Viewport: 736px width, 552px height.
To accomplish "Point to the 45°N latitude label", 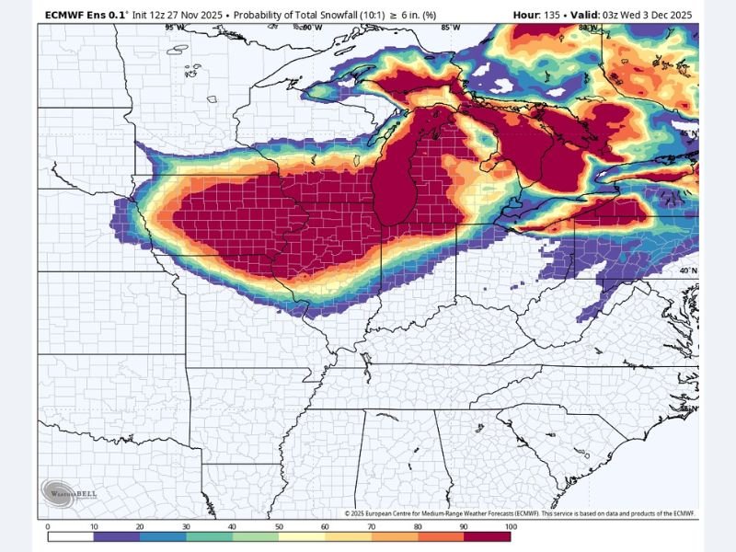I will click(688, 133).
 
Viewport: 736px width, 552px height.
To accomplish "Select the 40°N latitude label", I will click(688, 270).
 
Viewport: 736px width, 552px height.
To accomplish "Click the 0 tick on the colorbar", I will click(47, 526).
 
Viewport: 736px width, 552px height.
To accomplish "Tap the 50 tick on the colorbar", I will click(279, 526).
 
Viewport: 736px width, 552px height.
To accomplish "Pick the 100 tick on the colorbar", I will click(510, 526).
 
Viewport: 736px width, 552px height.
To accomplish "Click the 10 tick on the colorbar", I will click(93, 526).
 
